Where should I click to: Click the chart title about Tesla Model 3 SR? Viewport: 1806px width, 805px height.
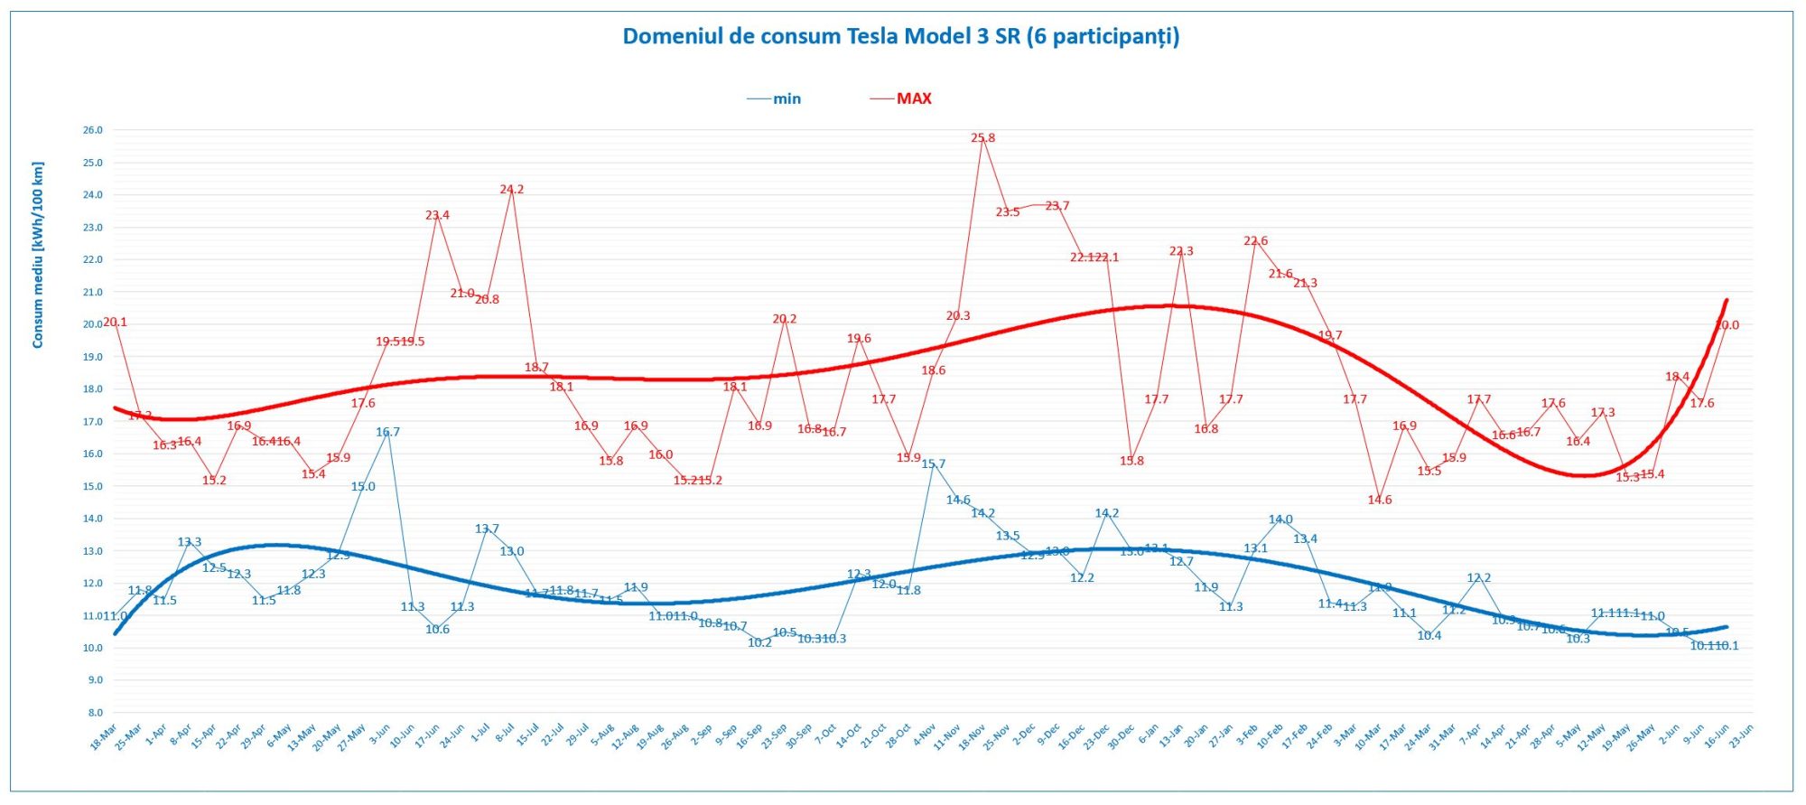click(900, 36)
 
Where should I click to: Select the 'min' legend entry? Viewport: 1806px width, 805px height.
click(786, 99)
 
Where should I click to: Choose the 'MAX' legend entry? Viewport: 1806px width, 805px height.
click(913, 98)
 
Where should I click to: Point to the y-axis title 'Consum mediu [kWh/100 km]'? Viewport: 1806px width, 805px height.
click(38, 255)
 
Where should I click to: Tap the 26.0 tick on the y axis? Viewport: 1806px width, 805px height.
click(93, 130)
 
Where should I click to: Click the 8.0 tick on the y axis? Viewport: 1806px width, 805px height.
click(95, 713)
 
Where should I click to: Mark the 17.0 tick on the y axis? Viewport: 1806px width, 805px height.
click(93, 422)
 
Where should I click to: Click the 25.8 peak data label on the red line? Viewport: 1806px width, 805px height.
click(982, 138)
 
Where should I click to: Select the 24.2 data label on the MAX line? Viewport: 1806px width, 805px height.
click(511, 190)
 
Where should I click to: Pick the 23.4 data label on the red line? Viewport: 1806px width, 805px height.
click(437, 215)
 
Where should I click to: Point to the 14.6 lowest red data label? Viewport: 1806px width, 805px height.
click(1379, 500)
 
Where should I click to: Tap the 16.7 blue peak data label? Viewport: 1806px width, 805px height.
click(387, 432)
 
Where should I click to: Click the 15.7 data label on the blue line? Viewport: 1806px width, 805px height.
click(933, 464)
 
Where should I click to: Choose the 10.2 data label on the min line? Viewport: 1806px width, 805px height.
click(759, 642)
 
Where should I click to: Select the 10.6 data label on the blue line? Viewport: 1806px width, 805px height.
click(437, 630)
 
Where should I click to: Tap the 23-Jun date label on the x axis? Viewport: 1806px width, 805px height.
click(1740, 736)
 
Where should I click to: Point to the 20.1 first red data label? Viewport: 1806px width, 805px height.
click(115, 322)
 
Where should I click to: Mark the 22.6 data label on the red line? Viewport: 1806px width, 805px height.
click(1255, 241)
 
